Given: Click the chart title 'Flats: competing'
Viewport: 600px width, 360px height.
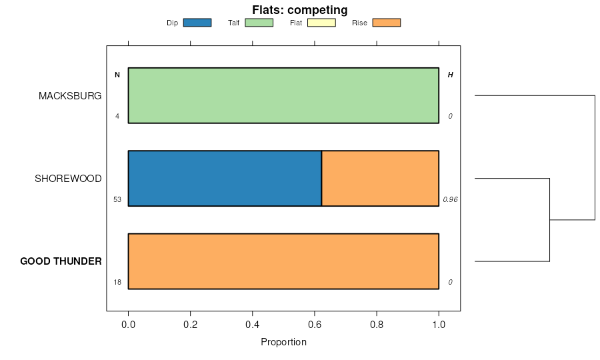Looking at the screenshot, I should tap(299, 10).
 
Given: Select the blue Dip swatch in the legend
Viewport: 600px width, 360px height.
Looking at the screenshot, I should tap(197, 23).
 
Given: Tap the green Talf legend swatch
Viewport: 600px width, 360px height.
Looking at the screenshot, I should tap(259, 23).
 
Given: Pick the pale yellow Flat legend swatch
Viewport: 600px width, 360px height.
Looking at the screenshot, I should tap(321, 23).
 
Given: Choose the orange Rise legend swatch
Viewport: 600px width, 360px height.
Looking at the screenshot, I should tap(386, 23).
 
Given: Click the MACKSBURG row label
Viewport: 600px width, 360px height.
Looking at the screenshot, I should tap(70, 96).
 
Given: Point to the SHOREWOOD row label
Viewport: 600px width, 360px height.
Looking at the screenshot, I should tap(68, 179).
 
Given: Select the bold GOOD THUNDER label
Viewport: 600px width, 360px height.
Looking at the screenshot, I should tap(61, 261).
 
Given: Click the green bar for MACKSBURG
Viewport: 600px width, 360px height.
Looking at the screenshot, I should tap(283, 95).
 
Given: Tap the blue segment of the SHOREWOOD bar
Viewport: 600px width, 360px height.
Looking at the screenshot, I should tap(225, 179).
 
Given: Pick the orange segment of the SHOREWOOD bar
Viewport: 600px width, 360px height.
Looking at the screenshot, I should tap(380, 179).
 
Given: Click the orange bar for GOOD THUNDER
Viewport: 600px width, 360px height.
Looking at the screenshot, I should tap(283, 261).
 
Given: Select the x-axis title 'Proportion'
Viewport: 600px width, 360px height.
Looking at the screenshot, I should tap(283, 343).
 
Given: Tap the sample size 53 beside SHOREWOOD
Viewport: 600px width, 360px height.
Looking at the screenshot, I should tap(117, 199).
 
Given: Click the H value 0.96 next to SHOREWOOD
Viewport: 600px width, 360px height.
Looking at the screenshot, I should tap(450, 199).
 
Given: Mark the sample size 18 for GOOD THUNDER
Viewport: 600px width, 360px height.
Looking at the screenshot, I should tap(117, 282).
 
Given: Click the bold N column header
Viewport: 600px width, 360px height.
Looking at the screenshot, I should tap(117, 75).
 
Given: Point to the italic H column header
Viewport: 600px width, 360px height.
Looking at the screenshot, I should tap(450, 75).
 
